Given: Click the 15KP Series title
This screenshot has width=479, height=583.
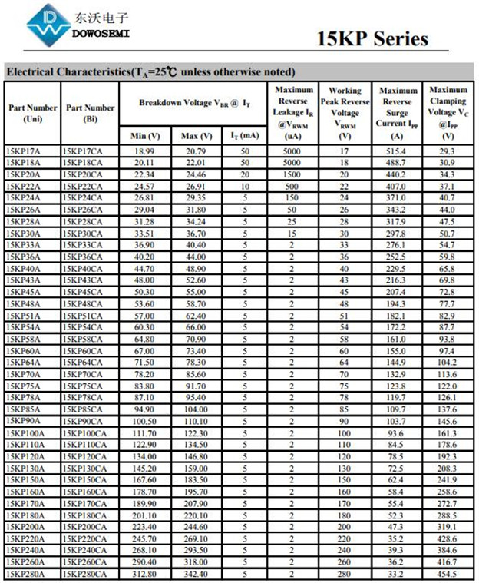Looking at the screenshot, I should [x=372, y=39].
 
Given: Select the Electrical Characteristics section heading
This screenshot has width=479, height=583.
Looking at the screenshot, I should [x=150, y=72].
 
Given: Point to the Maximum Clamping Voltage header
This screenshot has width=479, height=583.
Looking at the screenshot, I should [x=448, y=113].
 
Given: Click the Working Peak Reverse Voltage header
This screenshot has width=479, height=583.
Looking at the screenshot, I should [x=345, y=113].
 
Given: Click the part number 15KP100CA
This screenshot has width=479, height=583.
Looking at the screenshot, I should [x=86, y=433].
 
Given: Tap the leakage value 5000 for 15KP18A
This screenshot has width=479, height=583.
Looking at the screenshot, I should [x=292, y=163].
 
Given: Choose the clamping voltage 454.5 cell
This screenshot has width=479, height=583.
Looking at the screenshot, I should [x=448, y=574].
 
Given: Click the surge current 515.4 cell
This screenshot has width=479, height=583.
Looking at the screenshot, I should [x=396, y=151].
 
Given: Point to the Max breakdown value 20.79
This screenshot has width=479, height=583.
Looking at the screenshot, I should [x=196, y=151].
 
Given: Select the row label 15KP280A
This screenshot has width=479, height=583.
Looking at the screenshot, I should [x=25, y=574].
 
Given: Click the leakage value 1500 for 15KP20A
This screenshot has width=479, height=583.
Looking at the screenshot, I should [x=292, y=174].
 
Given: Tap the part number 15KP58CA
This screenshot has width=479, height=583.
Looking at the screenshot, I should [x=84, y=339].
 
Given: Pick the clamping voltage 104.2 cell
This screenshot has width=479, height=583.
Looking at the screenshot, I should [x=448, y=363].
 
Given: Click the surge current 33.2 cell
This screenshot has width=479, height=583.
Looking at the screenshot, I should [x=396, y=574].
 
